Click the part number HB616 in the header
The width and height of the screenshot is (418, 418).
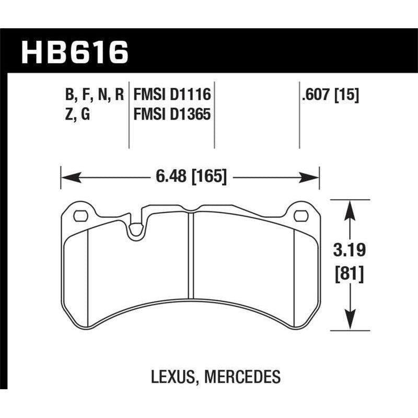(74, 53)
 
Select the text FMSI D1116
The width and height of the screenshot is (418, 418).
(172, 95)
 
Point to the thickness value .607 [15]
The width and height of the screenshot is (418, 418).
(327, 95)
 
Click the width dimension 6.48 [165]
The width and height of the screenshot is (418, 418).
(190, 177)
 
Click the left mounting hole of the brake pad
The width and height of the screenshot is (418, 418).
(80, 215)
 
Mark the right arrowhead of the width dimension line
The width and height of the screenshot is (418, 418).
(312, 178)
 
